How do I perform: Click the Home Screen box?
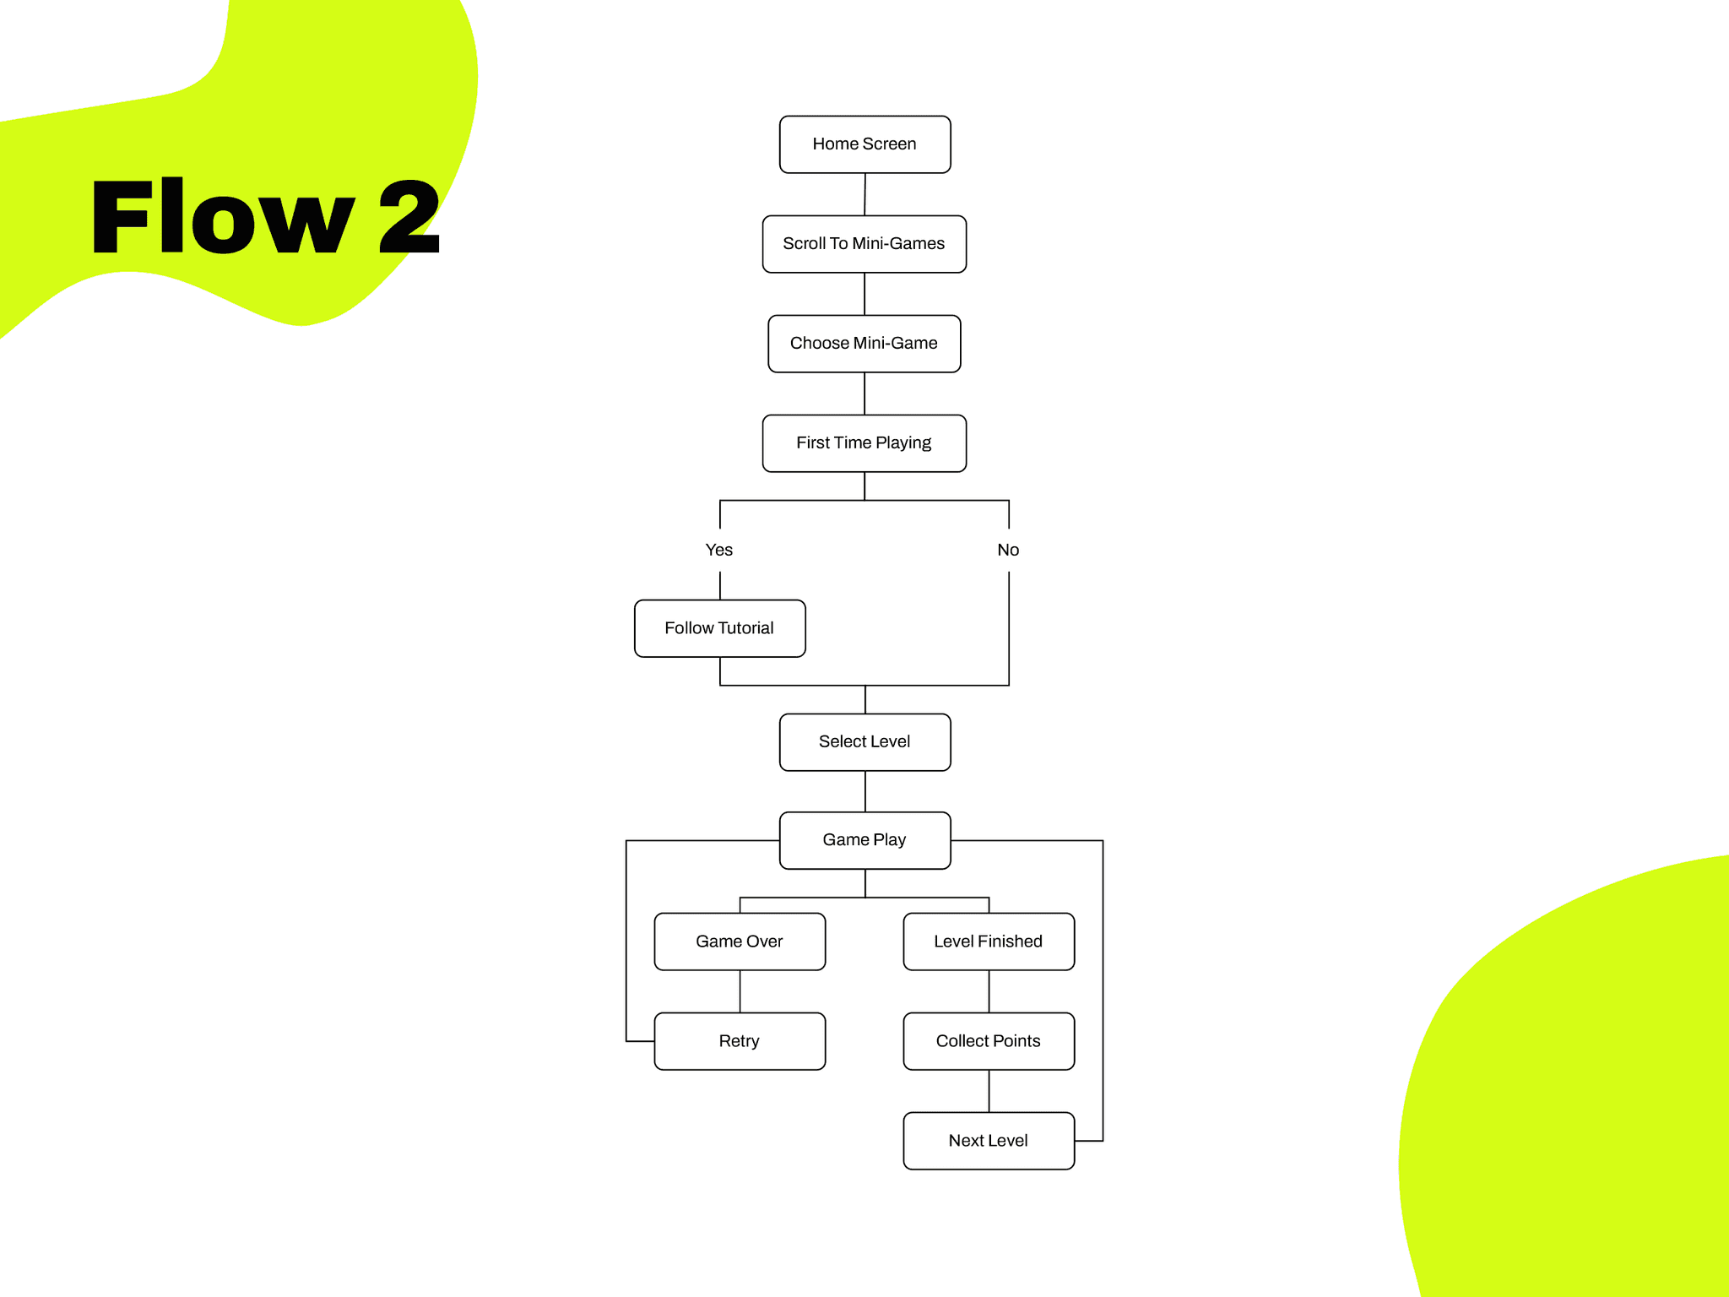[x=864, y=144]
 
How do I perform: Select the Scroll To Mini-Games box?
[x=864, y=244]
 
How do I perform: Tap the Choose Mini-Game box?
[x=864, y=344]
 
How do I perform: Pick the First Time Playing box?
[x=864, y=443]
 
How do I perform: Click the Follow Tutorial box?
[x=719, y=628]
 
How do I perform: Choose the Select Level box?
[x=864, y=742]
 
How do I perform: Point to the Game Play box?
[x=864, y=840]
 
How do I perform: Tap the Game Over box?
[x=740, y=942]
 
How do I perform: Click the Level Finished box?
[x=989, y=942]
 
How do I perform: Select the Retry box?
[x=740, y=1041]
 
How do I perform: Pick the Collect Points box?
[x=989, y=1041]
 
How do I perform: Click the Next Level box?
[x=989, y=1141]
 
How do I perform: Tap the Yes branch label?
[x=719, y=550]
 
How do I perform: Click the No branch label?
[x=1008, y=550]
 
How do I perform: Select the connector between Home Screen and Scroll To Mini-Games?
[x=864, y=194]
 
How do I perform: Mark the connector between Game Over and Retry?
[x=740, y=991]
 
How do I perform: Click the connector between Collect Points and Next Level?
[x=989, y=1091]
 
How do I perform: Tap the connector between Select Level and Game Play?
[x=865, y=791]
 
